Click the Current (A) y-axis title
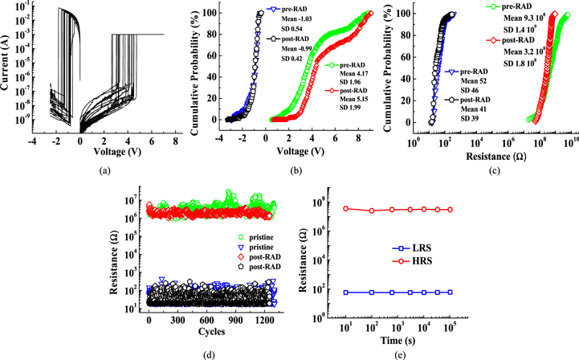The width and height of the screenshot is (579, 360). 8,71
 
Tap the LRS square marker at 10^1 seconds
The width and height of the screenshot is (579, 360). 345,292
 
